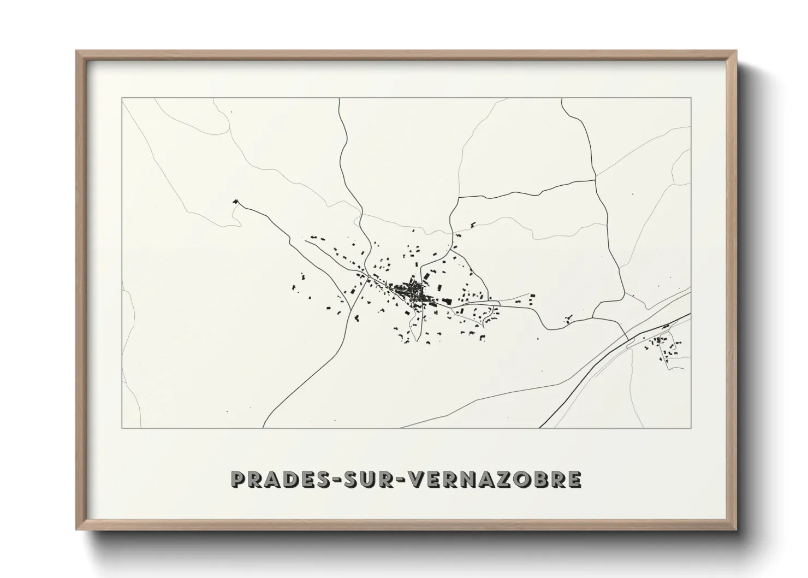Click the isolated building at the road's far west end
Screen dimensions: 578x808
[235, 202]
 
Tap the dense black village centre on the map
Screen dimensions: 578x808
[416, 292]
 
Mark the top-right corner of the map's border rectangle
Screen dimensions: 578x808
[691, 98]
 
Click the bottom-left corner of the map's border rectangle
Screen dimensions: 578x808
[122, 428]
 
